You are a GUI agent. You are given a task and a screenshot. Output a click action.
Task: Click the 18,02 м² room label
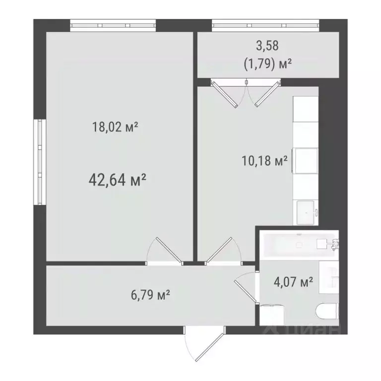pos(115,127)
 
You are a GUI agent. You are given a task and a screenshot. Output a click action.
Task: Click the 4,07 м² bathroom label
pos(293,283)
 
